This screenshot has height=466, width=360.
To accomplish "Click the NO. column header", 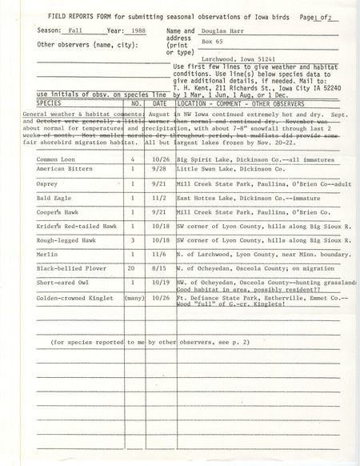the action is tap(135, 126).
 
